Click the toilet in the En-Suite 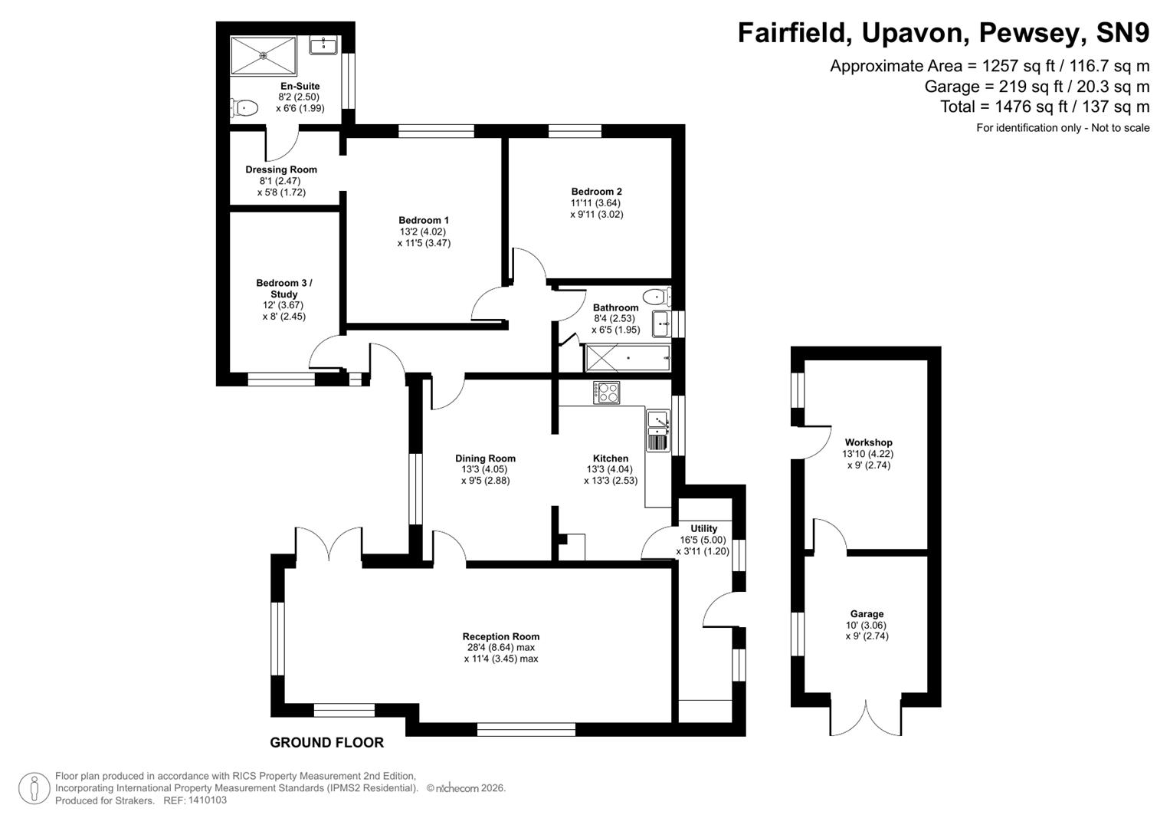coord(244,108)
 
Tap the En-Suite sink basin coord(324,45)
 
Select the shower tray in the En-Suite coord(264,54)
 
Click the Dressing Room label coord(281,169)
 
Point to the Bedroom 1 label coord(424,220)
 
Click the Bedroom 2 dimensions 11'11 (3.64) coord(596,203)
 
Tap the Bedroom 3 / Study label coord(284,288)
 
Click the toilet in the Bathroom coord(656,297)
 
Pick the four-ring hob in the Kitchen coord(607,393)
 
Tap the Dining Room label coord(485,458)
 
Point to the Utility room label coord(703,528)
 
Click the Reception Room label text coord(500,636)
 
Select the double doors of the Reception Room coord(328,546)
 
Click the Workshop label coord(868,442)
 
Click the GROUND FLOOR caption coord(326,742)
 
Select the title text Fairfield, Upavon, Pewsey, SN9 coord(943,33)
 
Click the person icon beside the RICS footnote coord(34,788)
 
